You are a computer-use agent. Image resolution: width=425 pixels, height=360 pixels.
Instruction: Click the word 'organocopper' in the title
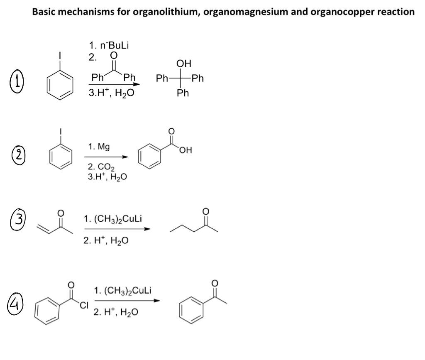coord(349,12)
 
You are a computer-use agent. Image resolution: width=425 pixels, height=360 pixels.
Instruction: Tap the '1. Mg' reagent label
coord(99,147)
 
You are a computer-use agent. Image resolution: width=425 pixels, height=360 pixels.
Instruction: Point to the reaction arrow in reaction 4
coord(127,301)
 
